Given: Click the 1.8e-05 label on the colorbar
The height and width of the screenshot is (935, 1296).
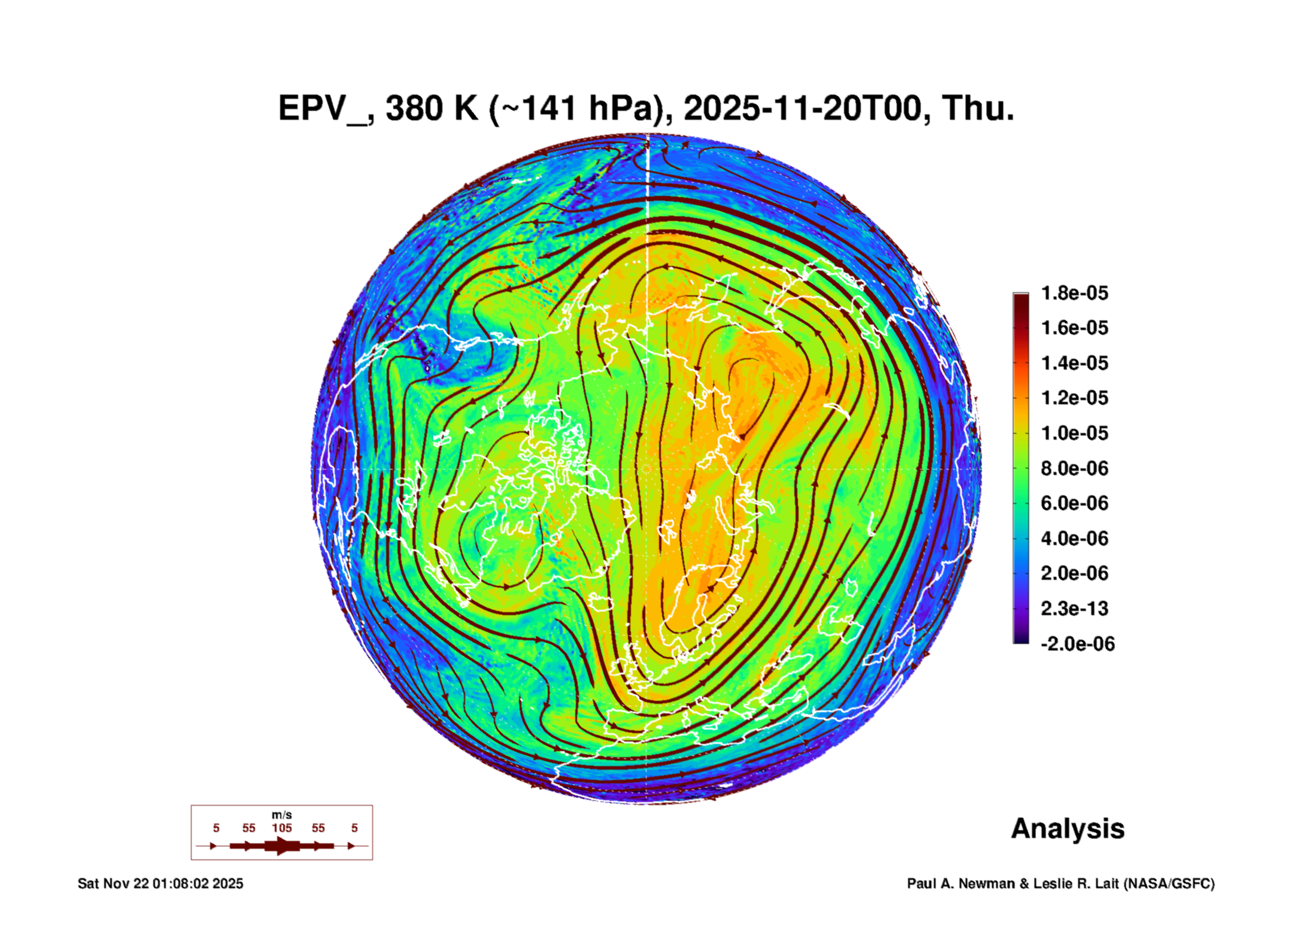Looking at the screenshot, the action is tap(1075, 293).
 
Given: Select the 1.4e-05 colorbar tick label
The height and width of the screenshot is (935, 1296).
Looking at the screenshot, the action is tap(1075, 363).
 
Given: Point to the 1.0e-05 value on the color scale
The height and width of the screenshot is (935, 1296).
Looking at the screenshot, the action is tap(1075, 433).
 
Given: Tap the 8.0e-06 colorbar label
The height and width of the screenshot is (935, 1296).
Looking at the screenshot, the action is tap(1075, 468).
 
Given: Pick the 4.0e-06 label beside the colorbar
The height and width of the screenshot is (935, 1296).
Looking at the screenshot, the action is tap(1075, 538).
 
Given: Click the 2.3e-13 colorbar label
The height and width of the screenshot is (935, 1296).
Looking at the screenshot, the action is tap(1075, 609).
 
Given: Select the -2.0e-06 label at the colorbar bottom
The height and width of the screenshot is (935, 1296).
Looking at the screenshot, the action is tap(1078, 644).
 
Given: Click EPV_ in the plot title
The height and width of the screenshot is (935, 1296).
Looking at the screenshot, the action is tap(326, 108).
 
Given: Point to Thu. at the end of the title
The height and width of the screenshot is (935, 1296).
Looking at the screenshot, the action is tap(978, 108).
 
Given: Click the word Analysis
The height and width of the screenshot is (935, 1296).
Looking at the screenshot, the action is tap(1068, 829).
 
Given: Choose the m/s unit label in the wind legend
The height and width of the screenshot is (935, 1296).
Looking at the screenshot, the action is tap(282, 815).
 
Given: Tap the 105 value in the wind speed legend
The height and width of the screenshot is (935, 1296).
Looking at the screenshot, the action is tap(282, 828).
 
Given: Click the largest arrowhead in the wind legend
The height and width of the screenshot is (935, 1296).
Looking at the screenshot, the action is tap(283, 846).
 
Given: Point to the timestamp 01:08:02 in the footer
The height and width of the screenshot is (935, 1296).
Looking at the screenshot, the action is tap(181, 883).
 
